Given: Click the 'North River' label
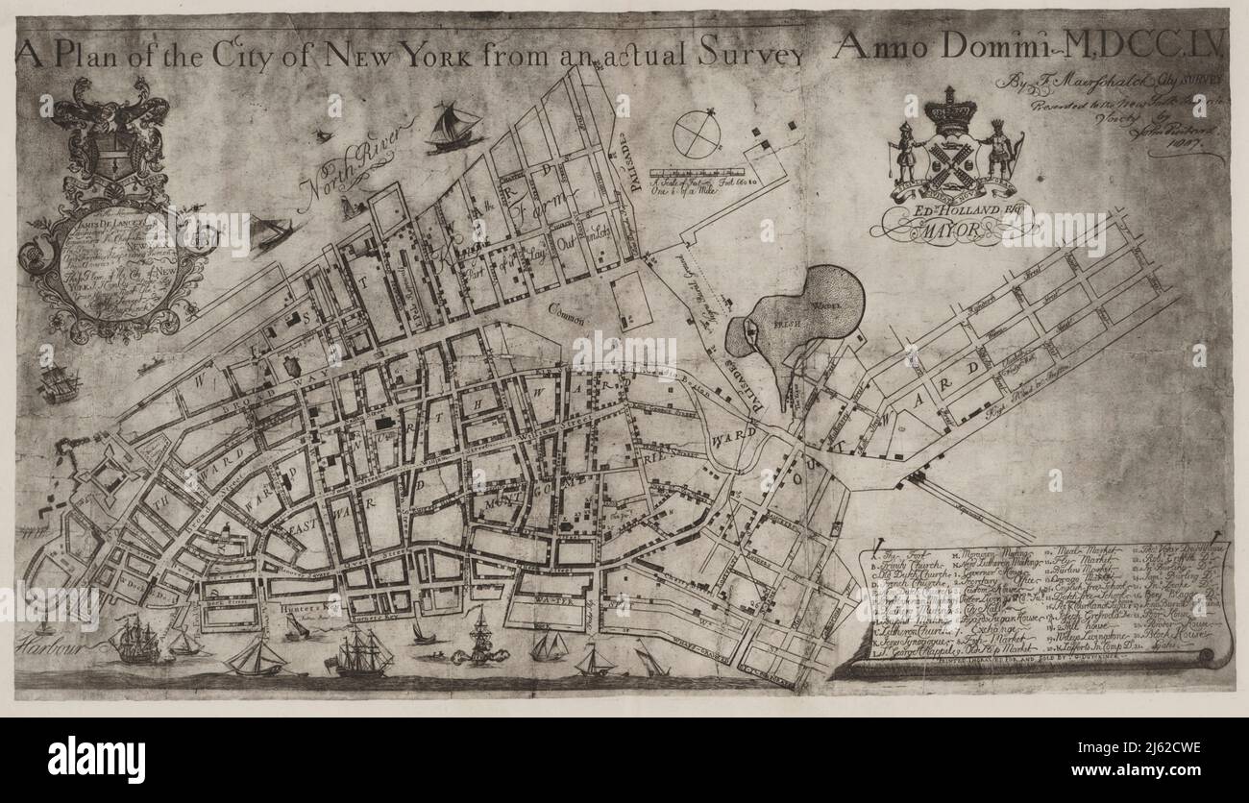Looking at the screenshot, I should pyautogui.click(x=360, y=156).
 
